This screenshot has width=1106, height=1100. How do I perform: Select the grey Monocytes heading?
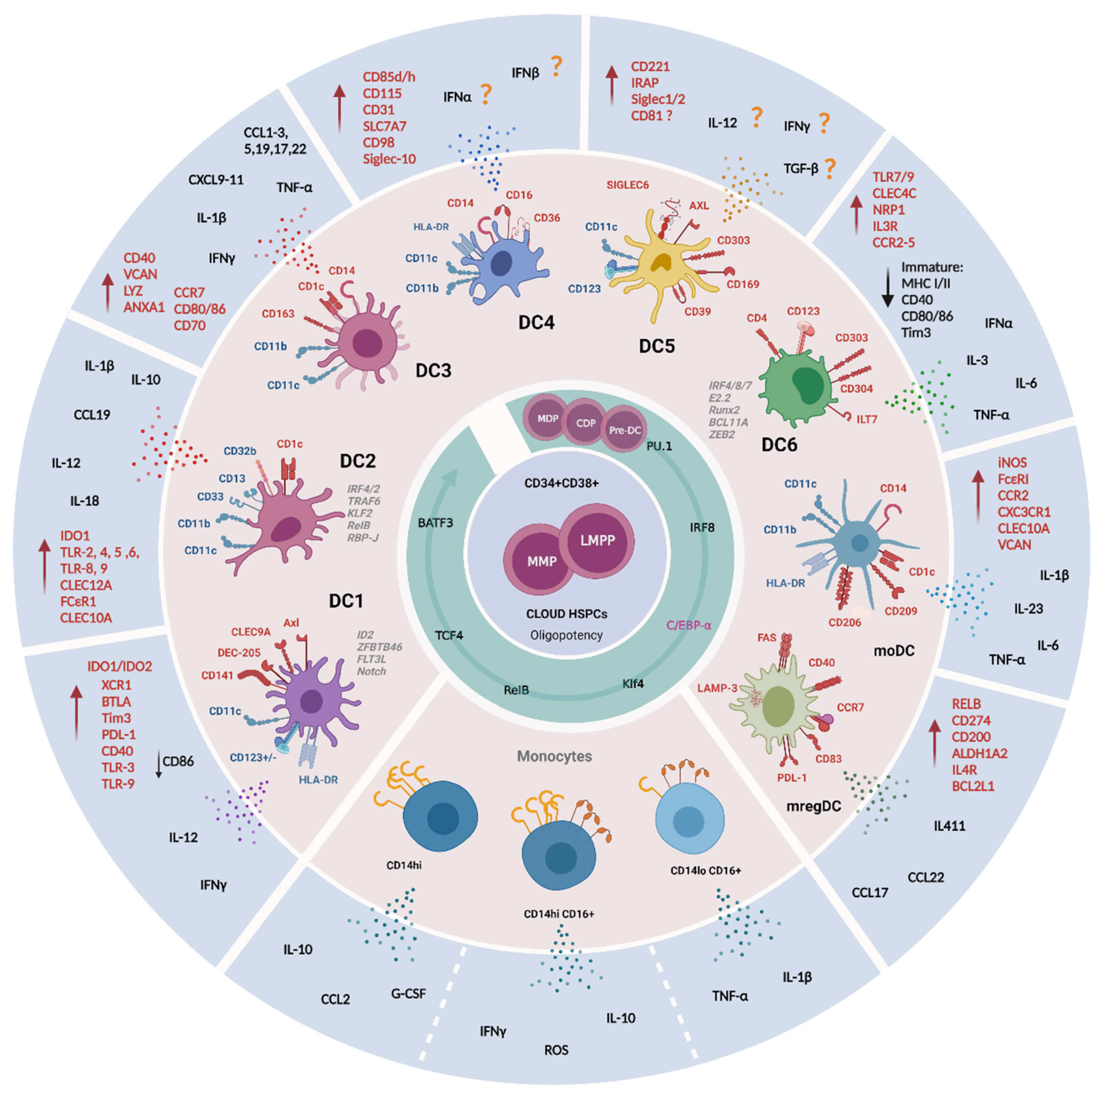(554, 756)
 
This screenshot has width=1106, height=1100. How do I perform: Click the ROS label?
(556, 1049)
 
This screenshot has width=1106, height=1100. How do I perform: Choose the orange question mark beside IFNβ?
(556, 66)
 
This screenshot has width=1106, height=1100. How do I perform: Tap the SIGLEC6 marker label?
(628, 185)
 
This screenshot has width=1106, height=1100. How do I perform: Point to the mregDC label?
(813, 806)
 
